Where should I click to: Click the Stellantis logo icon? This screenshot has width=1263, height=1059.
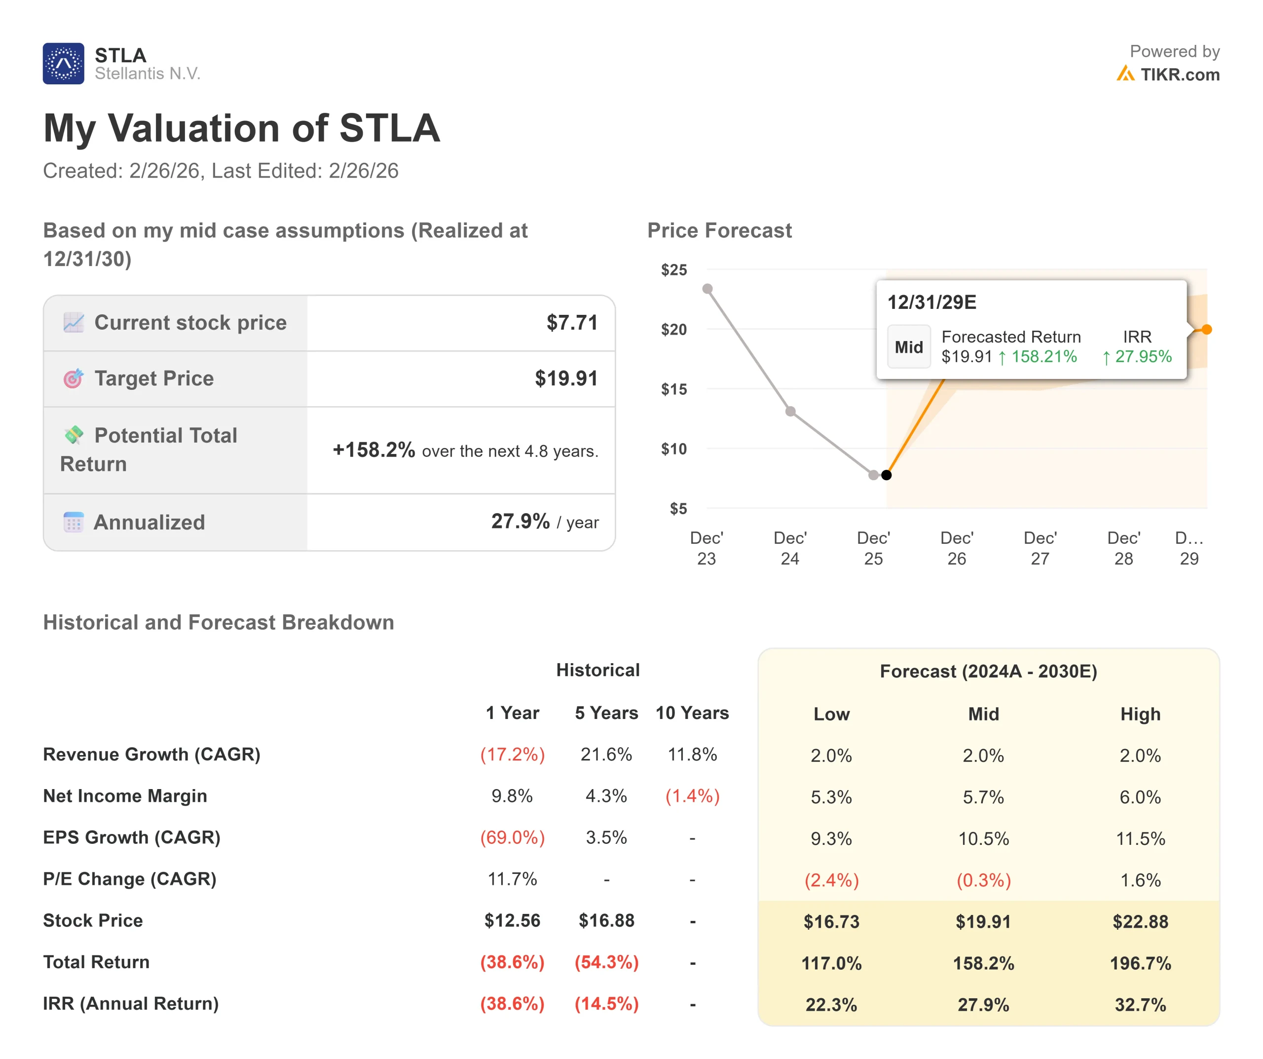point(63,63)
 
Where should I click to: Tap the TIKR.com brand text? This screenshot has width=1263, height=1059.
point(1180,75)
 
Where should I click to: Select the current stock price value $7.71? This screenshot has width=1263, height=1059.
point(571,323)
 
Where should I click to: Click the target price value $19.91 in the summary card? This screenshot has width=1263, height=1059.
point(566,378)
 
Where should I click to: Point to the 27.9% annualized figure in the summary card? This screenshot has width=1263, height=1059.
point(520,521)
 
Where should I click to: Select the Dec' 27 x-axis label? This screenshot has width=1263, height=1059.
point(1040,548)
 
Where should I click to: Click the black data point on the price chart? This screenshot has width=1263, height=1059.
point(887,475)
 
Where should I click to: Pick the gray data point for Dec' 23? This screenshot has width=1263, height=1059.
point(708,289)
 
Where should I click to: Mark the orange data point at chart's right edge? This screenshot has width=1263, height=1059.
point(1206,330)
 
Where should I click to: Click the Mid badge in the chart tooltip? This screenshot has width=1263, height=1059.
point(909,347)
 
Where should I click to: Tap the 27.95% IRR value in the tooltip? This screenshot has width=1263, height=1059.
point(1143,357)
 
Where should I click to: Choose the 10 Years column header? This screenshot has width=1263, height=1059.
point(692,713)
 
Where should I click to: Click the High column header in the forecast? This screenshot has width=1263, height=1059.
point(1140,714)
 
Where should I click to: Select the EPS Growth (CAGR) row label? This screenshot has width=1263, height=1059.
point(132,837)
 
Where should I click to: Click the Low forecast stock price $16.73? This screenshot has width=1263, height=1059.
point(831,921)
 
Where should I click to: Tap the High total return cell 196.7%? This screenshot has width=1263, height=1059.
point(1140,963)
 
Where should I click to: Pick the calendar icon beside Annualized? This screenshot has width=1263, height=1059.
point(74,522)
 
